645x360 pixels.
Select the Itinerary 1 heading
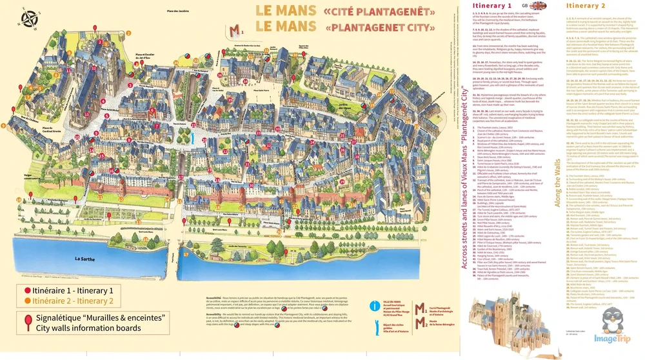click(492, 6)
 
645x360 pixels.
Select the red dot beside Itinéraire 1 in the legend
click(27, 290)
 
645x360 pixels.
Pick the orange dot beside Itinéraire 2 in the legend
click(27, 301)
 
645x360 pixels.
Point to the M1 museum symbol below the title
click(237, 30)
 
